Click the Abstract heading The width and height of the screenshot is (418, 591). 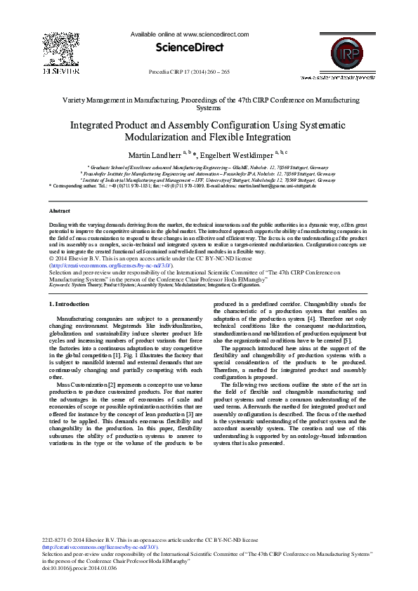tap(60, 211)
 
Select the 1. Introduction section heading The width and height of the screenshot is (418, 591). tap(70, 304)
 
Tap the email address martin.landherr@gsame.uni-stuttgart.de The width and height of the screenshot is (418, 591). tap(277, 185)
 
